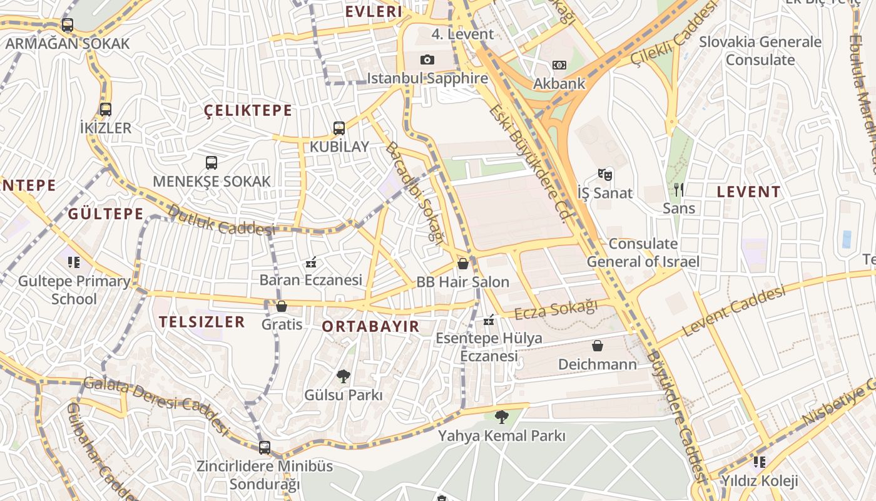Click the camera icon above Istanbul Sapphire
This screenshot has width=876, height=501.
click(427, 59)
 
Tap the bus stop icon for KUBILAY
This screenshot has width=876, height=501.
click(339, 128)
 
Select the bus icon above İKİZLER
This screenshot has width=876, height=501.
click(106, 110)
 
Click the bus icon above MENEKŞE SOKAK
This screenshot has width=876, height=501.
click(211, 163)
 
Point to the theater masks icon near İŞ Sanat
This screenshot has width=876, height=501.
click(604, 174)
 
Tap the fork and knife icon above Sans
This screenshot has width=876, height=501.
click(678, 190)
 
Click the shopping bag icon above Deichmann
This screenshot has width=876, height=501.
click(598, 346)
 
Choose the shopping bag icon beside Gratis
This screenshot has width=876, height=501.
click(282, 306)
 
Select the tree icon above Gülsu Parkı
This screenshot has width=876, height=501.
click(343, 376)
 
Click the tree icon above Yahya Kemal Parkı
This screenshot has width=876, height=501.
click(501, 416)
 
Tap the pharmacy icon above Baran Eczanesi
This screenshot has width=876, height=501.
click(310, 262)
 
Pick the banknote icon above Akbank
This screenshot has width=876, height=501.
click(559, 65)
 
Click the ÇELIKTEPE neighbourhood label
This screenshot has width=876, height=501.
click(248, 111)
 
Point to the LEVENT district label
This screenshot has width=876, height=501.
click(748, 192)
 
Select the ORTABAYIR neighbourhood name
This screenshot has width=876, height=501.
click(370, 326)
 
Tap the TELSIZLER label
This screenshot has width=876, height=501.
click(201, 322)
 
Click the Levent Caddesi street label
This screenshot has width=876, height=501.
click(733, 311)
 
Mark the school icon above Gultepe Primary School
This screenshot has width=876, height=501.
click(74, 262)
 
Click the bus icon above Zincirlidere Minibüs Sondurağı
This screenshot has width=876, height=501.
click(265, 448)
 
